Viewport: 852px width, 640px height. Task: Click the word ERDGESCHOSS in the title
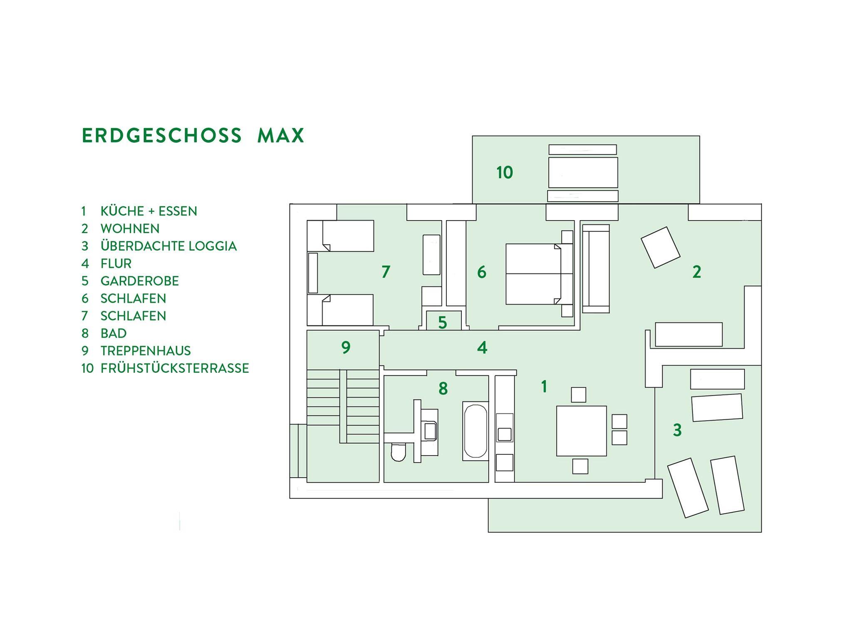pyautogui.click(x=162, y=136)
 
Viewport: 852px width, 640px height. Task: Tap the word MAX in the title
pyautogui.click(x=281, y=136)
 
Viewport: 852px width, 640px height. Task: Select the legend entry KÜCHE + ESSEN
pyautogui.click(x=149, y=211)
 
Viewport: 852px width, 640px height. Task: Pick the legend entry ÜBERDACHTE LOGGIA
pyautogui.click(x=168, y=246)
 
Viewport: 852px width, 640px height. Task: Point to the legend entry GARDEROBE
pyautogui.click(x=139, y=281)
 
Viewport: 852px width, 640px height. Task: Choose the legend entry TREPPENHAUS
pyautogui.click(x=146, y=351)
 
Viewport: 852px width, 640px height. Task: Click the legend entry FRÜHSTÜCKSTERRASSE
pyautogui.click(x=174, y=368)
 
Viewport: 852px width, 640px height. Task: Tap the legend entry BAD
pyautogui.click(x=113, y=333)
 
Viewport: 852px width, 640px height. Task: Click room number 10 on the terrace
pyautogui.click(x=505, y=172)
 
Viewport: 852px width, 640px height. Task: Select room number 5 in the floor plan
pyautogui.click(x=442, y=322)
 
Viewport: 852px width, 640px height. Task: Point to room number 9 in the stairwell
pyautogui.click(x=346, y=347)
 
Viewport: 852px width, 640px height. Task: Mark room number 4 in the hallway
pyautogui.click(x=482, y=347)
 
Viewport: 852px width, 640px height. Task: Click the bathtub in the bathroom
pyautogui.click(x=475, y=431)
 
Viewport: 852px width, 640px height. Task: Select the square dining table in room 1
pyautogui.click(x=582, y=431)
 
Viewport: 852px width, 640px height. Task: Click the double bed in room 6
pyautogui.click(x=534, y=274)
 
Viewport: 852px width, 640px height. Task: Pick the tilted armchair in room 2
pyautogui.click(x=660, y=247)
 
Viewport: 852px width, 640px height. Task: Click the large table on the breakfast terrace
pyautogui.click(x=583, y=172)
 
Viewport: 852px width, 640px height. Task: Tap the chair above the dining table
pyautogui.click(x=578, y=394)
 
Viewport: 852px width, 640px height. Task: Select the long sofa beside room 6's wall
pyautogui.click(x=596, y=268)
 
